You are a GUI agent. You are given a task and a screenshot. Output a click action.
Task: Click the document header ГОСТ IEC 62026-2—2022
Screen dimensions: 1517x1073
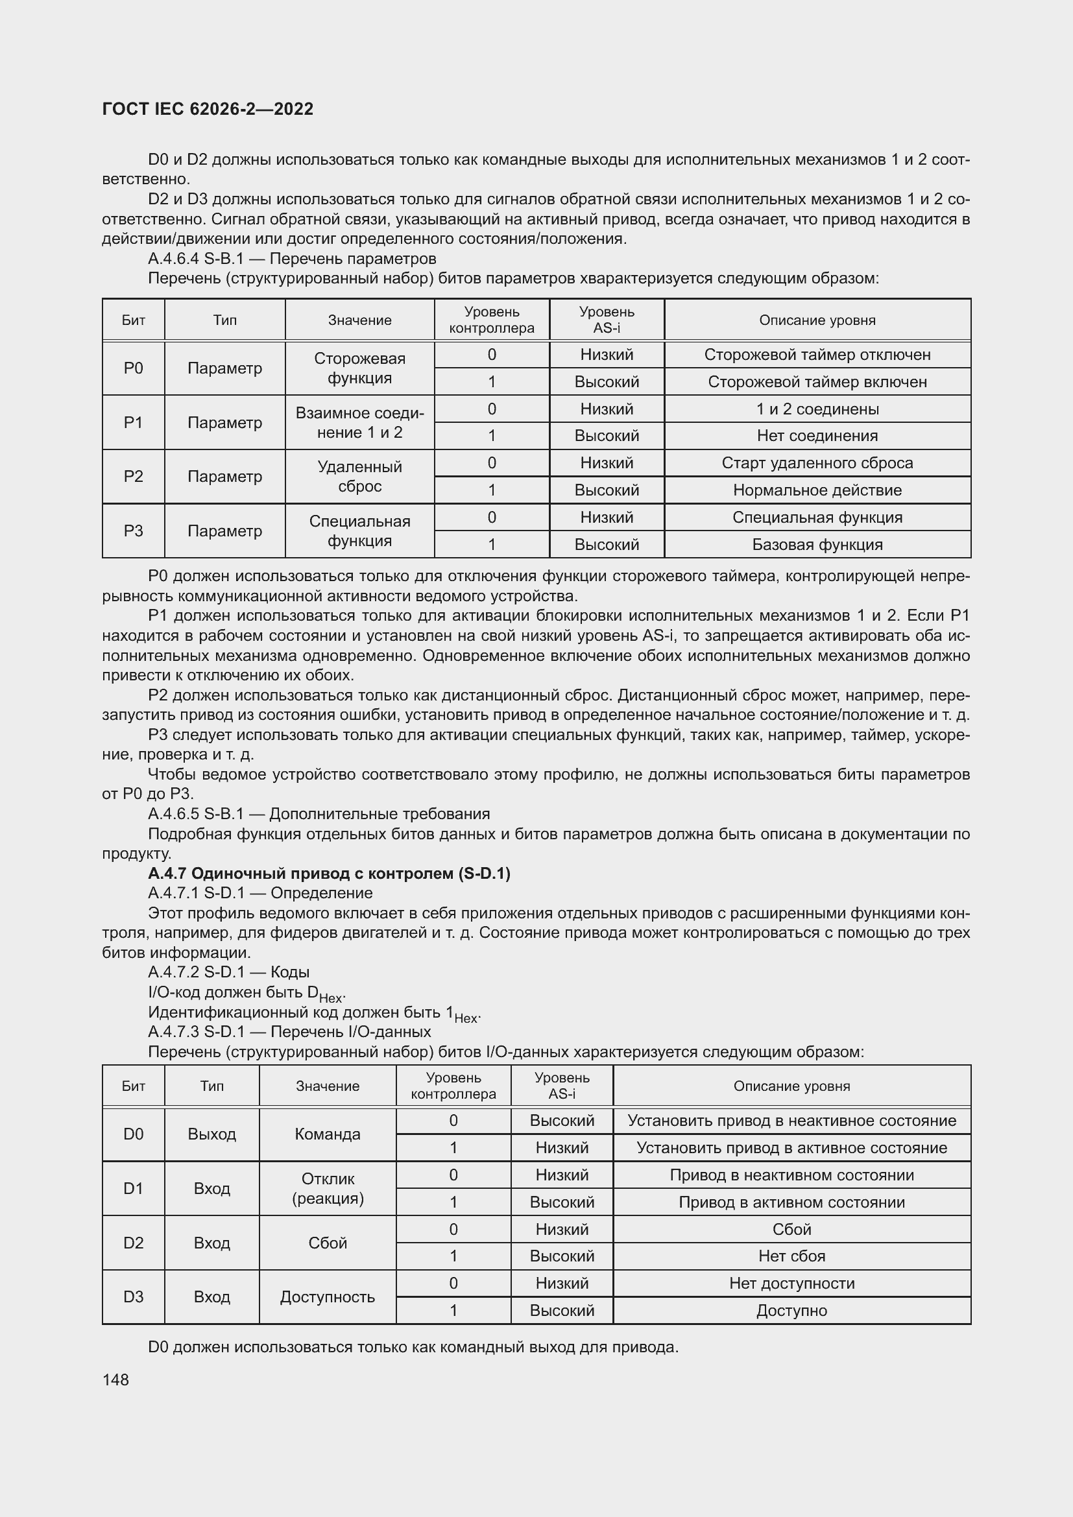point(208,109)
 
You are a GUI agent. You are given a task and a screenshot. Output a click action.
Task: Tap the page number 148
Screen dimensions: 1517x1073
point(115,1380)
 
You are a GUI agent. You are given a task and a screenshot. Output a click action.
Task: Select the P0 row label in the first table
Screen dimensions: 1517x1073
point(133,368)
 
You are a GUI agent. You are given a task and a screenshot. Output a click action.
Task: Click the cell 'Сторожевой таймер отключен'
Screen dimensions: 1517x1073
point(817,355)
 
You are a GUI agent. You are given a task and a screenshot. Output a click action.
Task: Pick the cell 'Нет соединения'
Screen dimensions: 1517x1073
point(817,436)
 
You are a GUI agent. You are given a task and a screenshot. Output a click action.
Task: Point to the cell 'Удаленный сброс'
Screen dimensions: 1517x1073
point(359,477)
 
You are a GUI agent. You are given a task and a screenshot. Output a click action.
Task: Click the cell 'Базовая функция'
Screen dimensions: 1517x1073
point(817,545)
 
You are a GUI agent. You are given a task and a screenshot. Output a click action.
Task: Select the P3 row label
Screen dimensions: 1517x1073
point(133,531)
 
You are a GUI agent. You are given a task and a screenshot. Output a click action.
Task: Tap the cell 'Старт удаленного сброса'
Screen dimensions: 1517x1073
point(817,463)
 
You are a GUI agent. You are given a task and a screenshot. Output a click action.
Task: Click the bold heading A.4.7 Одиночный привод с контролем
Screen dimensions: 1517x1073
point(329,874)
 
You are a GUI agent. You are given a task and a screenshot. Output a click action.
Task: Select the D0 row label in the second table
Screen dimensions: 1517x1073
point(133,1134)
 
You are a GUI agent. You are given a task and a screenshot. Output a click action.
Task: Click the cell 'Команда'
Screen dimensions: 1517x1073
point(327,1134)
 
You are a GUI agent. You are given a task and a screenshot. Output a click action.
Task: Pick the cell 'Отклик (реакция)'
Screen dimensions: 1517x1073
point(327,1189)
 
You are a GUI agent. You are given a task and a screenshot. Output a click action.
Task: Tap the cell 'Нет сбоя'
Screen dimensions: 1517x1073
point(791,1256)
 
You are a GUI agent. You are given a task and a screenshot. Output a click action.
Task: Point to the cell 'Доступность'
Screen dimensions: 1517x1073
point(327,1297)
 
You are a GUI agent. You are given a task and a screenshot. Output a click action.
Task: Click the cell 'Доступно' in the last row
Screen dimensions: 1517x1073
point(791,1311)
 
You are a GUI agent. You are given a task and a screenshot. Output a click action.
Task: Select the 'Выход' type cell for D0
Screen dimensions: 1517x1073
point(211,1134)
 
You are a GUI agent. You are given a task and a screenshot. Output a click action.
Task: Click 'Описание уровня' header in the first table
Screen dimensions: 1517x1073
point(817,320)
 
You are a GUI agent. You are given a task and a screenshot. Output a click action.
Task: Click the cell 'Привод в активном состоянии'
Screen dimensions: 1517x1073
point(791,1202)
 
